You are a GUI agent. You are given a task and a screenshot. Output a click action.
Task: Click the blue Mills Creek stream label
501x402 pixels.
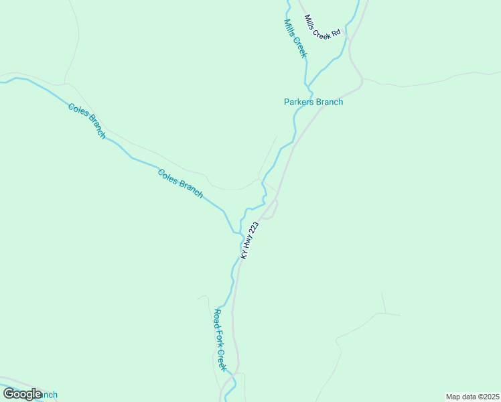point(295,38)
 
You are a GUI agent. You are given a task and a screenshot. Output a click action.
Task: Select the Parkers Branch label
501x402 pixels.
point(313,102)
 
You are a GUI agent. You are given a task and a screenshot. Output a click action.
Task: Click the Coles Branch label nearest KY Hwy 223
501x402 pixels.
point(180,183)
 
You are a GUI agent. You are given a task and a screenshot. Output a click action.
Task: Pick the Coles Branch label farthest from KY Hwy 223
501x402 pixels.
point(87,121)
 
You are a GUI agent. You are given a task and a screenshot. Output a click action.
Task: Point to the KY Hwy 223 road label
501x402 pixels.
point(249,241)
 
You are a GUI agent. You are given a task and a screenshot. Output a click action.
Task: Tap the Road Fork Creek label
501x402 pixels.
point(220,340)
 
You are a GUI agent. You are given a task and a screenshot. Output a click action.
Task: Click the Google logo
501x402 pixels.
point(22,393)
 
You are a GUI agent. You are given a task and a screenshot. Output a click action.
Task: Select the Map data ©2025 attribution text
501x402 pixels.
point(473,397)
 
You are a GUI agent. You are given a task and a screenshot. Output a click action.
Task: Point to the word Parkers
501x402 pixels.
point(299,102)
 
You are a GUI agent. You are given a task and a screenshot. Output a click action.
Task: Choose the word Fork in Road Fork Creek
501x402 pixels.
point(220,340)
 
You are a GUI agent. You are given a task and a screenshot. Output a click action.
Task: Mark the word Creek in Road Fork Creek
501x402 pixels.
point(222,360)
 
